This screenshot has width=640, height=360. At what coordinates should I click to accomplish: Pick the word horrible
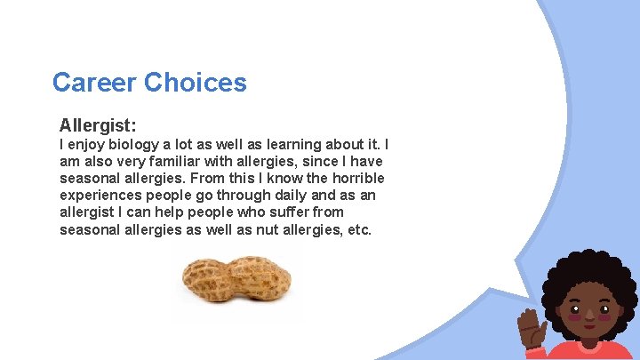(x=354, y=178)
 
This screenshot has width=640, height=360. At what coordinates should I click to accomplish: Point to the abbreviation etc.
(x=358, y=229)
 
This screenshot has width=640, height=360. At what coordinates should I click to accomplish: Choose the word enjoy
(x=88, y=144)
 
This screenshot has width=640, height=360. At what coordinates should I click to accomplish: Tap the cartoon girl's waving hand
(x=534, y=329)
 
